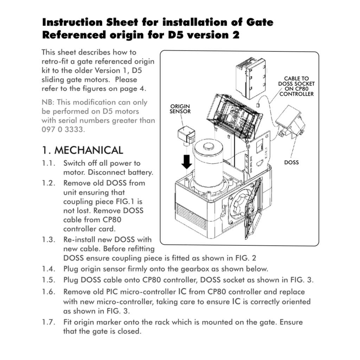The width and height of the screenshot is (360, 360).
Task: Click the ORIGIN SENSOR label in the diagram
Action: tap(180, 109)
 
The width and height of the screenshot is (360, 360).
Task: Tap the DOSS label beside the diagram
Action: tap(291, 162)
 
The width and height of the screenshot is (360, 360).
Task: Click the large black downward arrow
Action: tap(187, 161)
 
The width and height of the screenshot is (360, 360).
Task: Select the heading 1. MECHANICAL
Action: tap(83, 150)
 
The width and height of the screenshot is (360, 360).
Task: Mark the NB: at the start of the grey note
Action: tap(48, 102)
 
